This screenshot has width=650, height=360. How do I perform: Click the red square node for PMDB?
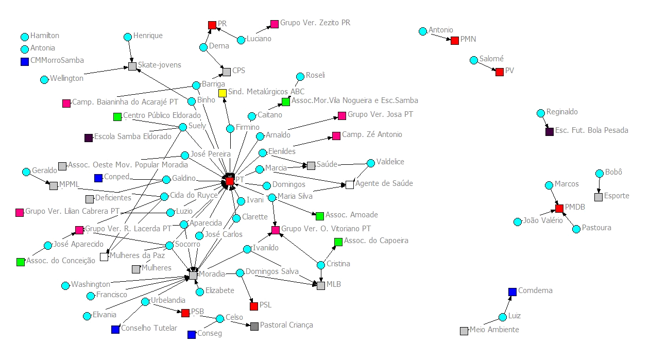tap(559, 209)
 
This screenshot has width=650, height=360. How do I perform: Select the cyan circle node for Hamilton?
tap(25, 37)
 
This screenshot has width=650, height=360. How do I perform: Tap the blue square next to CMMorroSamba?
tap(25, 62)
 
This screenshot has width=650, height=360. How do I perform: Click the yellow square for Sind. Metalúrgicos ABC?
tap(223, 93)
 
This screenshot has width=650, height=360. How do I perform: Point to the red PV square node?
tap(499, 72)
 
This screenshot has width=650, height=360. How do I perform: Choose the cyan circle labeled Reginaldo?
tap(540, 113)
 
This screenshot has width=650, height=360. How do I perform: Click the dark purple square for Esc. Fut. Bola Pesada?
tap(550, 131)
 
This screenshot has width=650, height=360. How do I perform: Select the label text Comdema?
tap(535, 290)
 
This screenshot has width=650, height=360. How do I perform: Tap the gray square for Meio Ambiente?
tap(464, 331)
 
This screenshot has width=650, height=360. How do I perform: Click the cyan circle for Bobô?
tap(599, 174)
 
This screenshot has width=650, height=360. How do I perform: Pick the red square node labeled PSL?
tap(254, 306)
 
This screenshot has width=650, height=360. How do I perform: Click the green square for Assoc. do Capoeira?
tap(338, 242)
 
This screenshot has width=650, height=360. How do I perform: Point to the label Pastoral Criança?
tap(286, 325)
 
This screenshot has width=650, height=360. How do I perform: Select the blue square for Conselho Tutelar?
tap(115, 330)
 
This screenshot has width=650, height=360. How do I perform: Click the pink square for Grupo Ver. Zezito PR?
tap(275, 24)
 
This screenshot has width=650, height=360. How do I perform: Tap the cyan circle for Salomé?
tap(474, 60)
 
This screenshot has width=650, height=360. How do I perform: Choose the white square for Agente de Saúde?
tap(350, 184)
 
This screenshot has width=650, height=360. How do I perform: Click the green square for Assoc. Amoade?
tap(320, 216)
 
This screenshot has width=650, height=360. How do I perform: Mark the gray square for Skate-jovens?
tap(132, 66)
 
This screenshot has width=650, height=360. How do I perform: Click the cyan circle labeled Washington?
tap(65, 285)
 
